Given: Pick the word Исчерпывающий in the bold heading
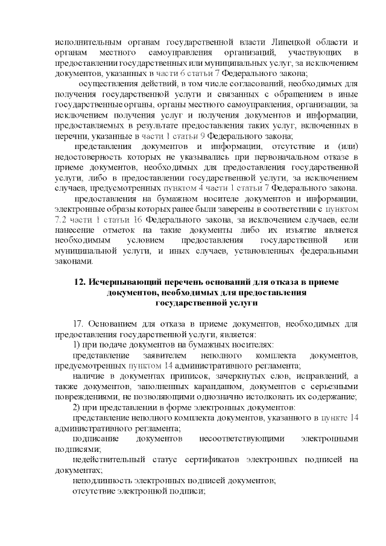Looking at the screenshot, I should coord(121,282).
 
